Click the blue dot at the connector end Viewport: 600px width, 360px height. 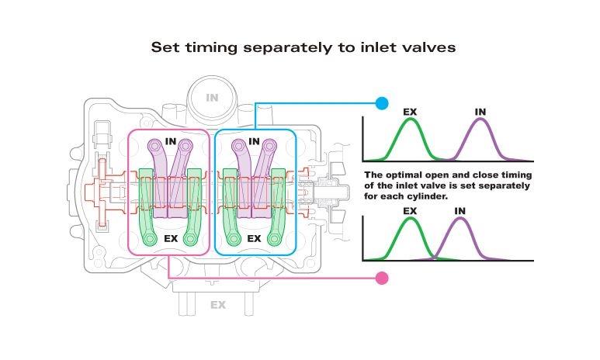pos(381,102)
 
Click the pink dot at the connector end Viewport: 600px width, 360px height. pos(381,278)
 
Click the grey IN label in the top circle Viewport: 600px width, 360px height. pos(212,98)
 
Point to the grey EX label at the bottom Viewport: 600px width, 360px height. pos(218,305)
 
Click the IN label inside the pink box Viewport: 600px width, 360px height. pos(172,142)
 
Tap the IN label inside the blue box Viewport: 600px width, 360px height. pos(254,142)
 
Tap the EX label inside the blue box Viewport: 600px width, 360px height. pos(254,238)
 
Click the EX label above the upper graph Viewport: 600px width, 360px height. pos(410,112)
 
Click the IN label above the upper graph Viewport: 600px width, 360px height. pos(480,112)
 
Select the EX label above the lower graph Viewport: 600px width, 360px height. pos(410,210)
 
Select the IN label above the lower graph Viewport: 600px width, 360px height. pos(460,210)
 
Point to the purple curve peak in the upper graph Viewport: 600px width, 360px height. pos(481,120)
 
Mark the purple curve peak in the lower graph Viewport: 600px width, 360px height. pos(461,218)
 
